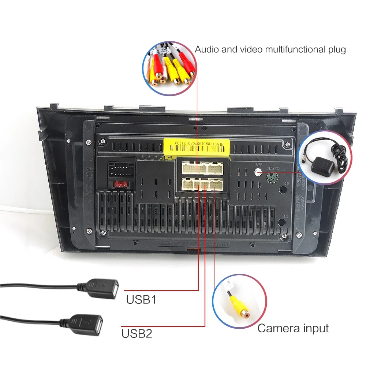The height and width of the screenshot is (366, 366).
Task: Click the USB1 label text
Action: (141, 300)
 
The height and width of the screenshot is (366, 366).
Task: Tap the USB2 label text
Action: (137, 333)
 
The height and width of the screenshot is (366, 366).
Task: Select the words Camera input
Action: (293, 328)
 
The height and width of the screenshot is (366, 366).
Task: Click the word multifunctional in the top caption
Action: (280, 49)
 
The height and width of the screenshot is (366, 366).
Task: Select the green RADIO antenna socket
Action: (272, 177)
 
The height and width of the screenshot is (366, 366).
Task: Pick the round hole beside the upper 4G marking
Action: (283, 190)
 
